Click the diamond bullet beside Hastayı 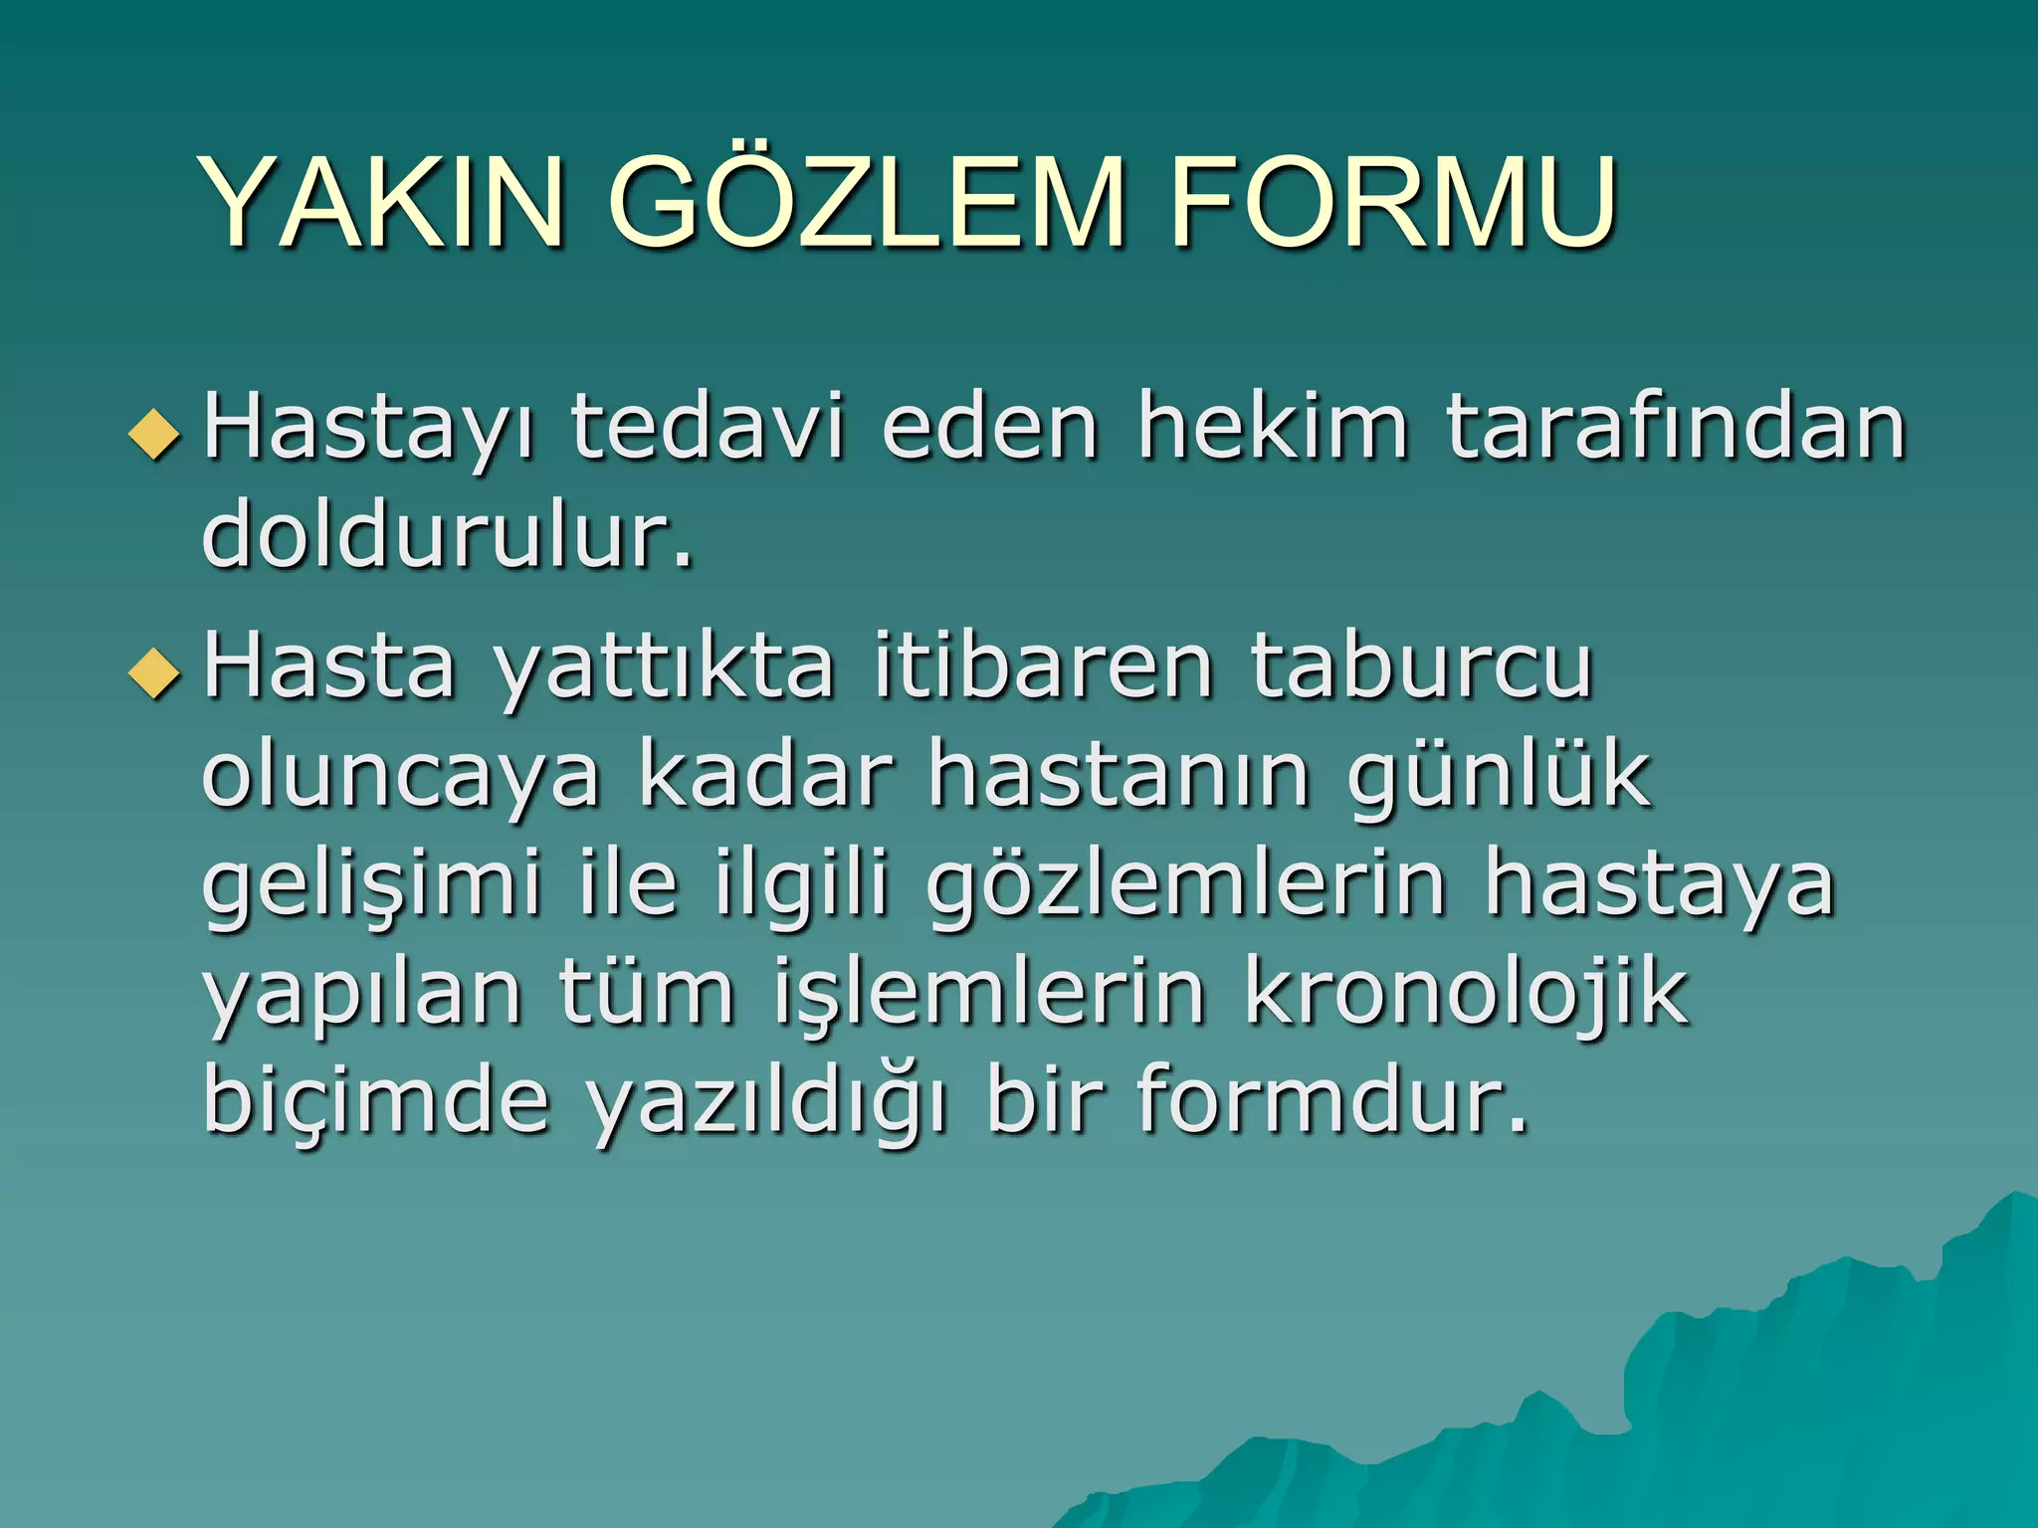(155, 436)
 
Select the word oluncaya (401, 777)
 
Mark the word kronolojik (1466, 994)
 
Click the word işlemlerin (990, 994)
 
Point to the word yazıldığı (766, 1102)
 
